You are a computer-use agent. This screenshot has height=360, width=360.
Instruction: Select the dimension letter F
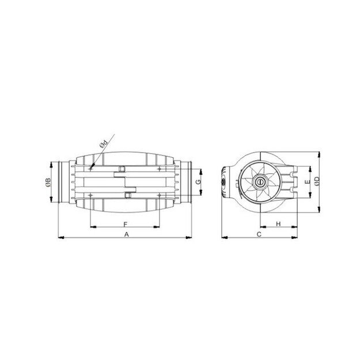tap(125, 223)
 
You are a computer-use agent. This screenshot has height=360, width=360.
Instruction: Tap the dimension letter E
tap(308, 181)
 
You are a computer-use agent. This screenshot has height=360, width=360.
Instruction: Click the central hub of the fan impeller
tap(259, 183)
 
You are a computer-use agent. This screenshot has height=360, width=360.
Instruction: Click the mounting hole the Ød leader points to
tap(92, 168)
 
